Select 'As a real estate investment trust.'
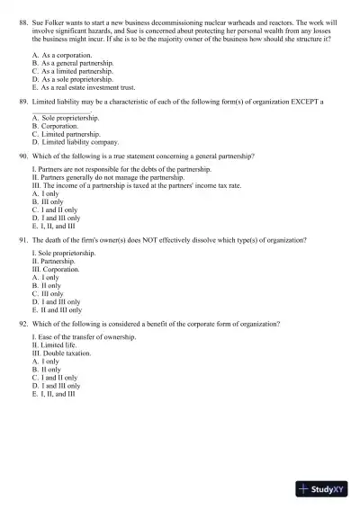coord(87,87)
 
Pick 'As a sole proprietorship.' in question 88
coord(76,79)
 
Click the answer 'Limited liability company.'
coord(80,142)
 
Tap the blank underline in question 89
coord(61,112)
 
